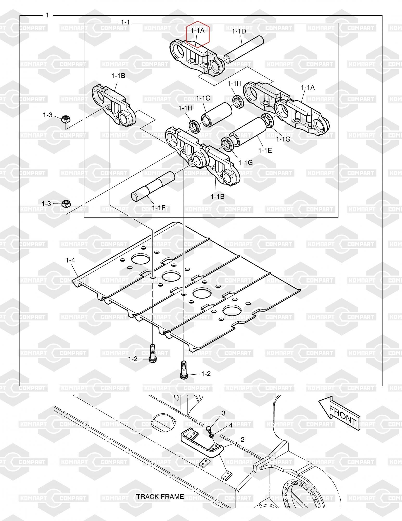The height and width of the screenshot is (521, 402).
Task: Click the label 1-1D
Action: point(239,31)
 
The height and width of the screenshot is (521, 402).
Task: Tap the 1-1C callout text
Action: point(203,98)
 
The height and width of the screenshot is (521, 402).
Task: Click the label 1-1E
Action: point(265,150)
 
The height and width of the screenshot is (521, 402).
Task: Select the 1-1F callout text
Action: point(159,207)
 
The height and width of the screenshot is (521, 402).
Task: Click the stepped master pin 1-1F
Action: point(153,186)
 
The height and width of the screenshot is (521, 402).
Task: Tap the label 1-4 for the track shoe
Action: point(70,260)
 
